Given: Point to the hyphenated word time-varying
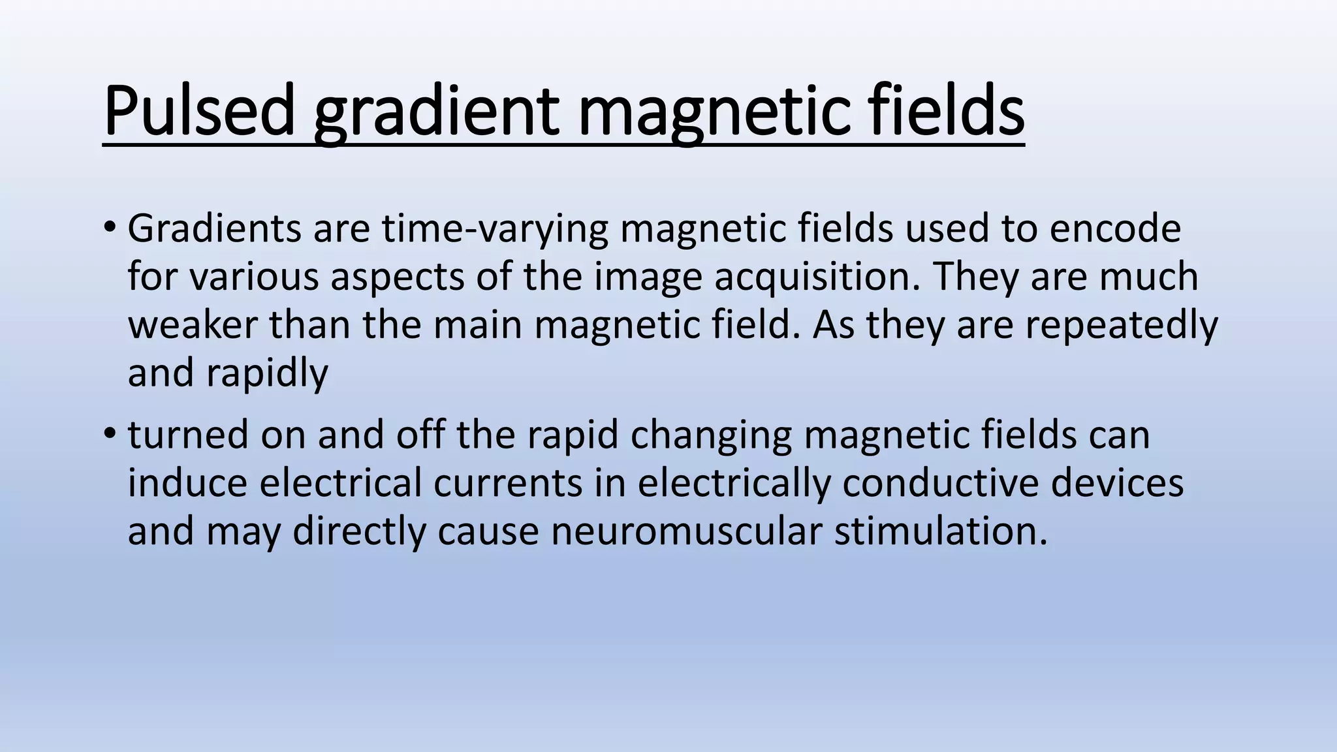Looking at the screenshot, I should click(x=495, y=230).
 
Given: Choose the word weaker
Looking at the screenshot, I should click(x=193, y=324).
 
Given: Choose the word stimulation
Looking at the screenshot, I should click(x=941, y=531).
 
